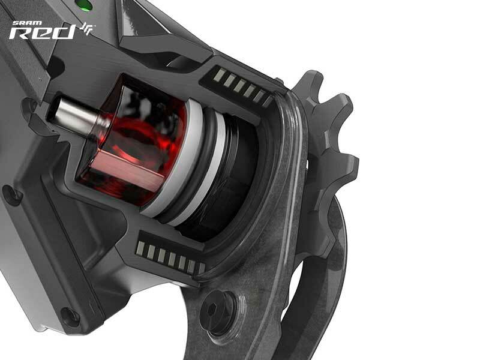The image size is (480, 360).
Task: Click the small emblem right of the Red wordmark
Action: (x=88, y=29)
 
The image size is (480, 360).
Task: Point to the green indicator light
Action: (x=86, y=5)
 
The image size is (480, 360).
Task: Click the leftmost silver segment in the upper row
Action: (x=220, y=75)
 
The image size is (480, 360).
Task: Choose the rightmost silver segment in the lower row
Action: (x=202, y=268)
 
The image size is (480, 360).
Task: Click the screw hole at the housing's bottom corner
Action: (x=70, y=317)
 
